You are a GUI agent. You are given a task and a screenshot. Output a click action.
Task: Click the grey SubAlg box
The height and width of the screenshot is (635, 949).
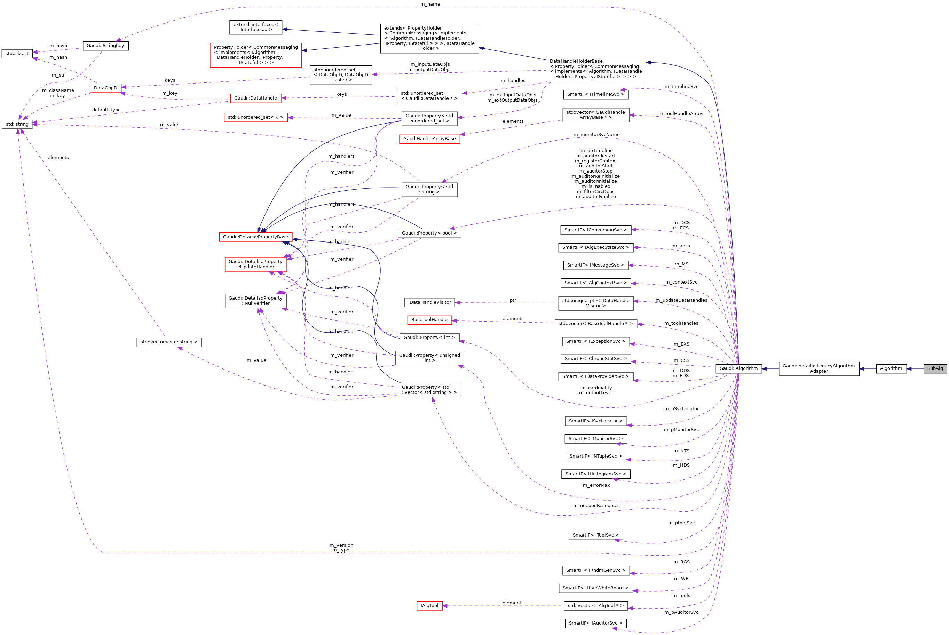pyautogui.click(x=935, y=368)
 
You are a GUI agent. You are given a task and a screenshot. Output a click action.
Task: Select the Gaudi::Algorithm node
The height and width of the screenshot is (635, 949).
pyautogui.click(x=738, y=368)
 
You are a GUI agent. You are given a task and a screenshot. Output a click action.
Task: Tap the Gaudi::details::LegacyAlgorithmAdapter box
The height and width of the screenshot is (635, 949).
pyautogui.click(x=818, y=368)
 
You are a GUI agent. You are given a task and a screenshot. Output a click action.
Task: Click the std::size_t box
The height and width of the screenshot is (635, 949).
pyautogui.click(x=17, y=54)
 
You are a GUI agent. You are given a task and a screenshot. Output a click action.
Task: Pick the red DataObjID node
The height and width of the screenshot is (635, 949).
pyautogui.click(x=105, y=88)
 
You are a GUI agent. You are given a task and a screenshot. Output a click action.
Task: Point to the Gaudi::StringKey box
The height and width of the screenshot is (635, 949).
pyautogui.click(x=105, y=45)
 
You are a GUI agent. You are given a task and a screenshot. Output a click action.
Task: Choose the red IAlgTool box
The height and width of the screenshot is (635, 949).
pyautogui.click(x=429, y=606)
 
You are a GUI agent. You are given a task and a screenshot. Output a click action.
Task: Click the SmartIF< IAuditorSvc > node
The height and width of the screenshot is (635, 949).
pyautogui.click(x=595, y=623)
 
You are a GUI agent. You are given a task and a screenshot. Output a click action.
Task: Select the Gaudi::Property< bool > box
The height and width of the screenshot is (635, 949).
pyautogui.click(x=429, y=233)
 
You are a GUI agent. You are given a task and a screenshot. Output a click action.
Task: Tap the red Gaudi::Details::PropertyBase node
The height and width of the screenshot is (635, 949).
pyautogui.click(x=255, y=237)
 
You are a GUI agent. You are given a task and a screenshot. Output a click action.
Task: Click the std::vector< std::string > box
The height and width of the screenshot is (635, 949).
pyautogui.click(x=169, y=342)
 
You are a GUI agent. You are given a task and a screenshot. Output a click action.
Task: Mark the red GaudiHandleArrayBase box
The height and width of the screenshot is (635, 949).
pyautogui.click(x=429, y=139)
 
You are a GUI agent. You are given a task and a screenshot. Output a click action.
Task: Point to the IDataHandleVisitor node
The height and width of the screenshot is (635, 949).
pyautogui.click(x=429, y=302)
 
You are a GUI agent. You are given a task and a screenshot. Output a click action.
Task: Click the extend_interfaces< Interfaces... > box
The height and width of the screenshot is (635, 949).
pyautogui.click(x=255, y=27)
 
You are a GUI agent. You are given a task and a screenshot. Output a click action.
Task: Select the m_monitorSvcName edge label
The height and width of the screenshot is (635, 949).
pyautogui.click(x=596, y=134)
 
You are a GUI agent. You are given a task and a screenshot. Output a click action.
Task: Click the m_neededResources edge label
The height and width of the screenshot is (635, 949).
pyautogui.click(x=596, y=506)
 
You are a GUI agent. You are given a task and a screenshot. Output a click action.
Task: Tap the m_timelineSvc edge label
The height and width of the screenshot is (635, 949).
pyautogui.click(x=681, y=86)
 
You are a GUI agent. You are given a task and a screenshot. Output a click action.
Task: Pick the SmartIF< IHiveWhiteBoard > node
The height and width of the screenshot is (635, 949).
pyautogui.click(x=595, y=588)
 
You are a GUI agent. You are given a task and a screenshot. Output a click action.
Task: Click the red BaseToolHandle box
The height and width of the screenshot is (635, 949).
pyautogui.click(x=429, y=320)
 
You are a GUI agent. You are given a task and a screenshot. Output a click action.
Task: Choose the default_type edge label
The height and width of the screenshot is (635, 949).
pyautogui.click(x=106, y=110)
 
